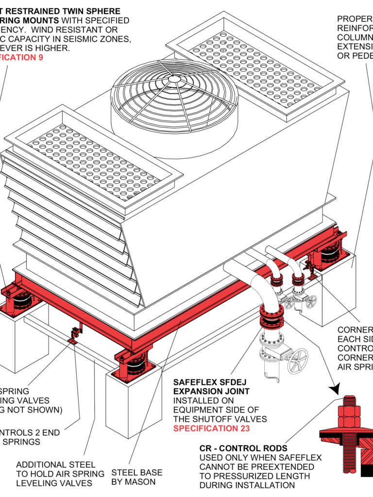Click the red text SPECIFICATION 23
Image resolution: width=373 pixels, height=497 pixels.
[211, 429]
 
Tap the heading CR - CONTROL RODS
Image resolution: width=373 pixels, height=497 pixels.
[243, 448]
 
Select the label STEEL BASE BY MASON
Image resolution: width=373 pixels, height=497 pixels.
[137, 477]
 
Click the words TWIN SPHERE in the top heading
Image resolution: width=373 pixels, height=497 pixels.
[93, 11]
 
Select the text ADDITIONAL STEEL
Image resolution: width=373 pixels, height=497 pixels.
[56, 464]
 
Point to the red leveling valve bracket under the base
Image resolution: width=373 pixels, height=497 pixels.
[75, 335]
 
